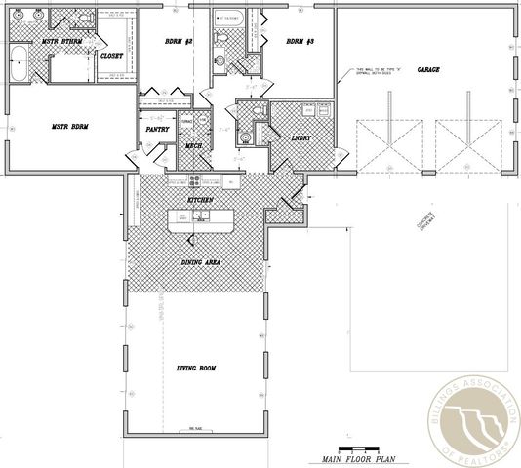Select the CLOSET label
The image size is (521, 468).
click(111, 56)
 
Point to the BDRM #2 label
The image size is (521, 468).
click(178, 42)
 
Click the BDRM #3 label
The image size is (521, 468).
click(300, 42)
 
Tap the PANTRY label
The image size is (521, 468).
click(158, 129)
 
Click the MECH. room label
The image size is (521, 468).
click(193, 146)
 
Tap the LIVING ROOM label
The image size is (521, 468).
click(194, 368)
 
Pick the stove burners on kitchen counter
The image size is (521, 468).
click(195, 180)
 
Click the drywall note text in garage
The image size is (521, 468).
click(374, 72)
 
